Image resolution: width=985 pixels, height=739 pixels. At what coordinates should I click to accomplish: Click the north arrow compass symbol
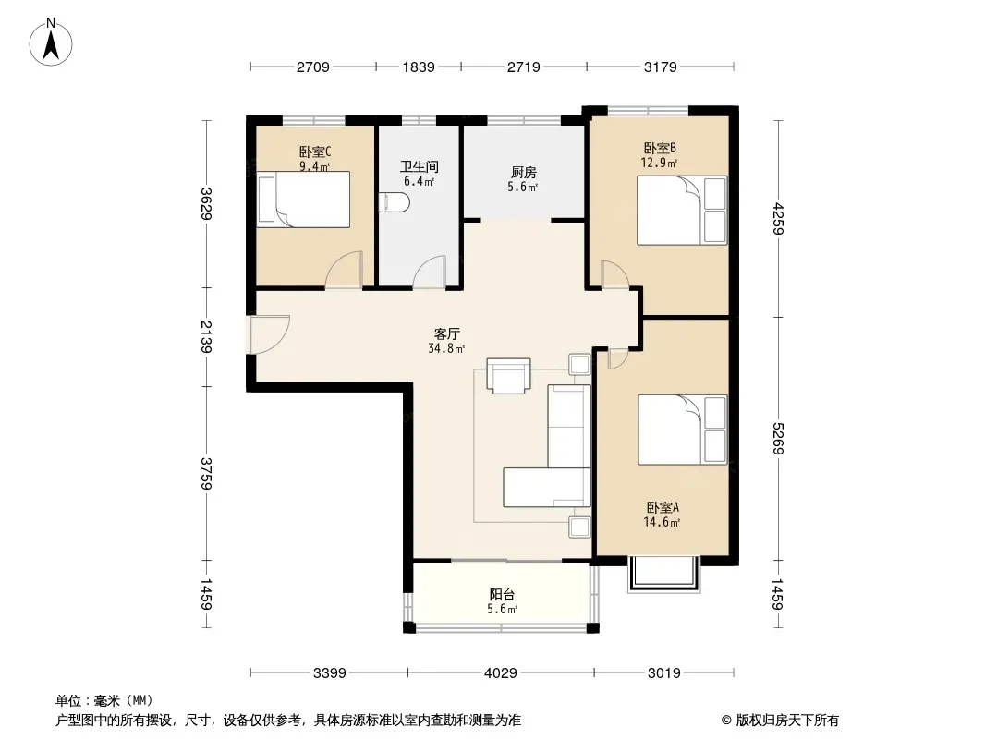tap(51, 42)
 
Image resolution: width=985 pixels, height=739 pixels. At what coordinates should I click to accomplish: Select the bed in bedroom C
tap(303, 200)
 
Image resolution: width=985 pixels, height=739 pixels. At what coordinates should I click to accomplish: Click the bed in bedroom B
tap(682, 211)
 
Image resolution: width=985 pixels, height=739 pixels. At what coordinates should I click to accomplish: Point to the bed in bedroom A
tap(682, 430)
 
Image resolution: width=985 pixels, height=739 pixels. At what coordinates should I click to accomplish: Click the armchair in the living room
tap(508, 375)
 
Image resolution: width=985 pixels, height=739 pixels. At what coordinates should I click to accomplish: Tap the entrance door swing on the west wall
tap(269, 334)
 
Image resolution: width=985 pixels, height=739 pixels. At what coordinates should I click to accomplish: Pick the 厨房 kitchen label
tap(523, 172)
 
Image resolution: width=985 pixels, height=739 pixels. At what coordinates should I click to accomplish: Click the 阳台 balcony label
tap(502, 594)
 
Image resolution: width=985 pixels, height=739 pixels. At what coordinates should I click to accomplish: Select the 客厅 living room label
tap(446, 333)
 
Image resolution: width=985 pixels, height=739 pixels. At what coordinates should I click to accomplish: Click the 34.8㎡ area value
tap(446, 348)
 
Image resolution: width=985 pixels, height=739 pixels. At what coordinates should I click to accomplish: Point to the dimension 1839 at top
tap(419, 67)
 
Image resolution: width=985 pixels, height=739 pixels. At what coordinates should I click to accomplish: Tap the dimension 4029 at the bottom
tap(501, 673)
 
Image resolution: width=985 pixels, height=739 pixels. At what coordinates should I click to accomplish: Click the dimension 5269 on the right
tap(778, 438)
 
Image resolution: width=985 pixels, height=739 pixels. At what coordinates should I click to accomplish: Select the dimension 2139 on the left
tap(206, 337)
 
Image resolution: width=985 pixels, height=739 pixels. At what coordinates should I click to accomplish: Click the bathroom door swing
tap(430, 272)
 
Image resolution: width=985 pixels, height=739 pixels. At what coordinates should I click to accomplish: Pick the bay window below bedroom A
tap(664, 575)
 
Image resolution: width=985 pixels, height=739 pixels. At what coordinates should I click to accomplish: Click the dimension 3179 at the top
tap(661, 67)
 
